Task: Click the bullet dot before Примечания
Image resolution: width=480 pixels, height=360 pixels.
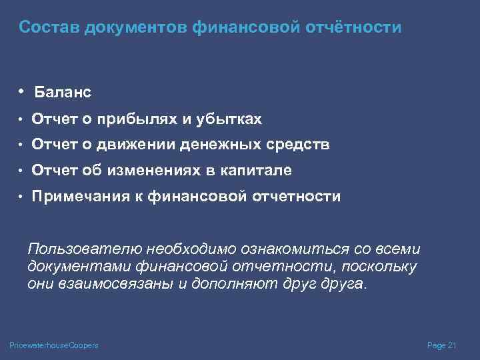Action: (x=21, y=197)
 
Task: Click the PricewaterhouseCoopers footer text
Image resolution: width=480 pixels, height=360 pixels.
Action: (x=54, y=345)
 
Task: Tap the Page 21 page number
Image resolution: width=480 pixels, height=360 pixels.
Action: (x=441, y=345)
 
